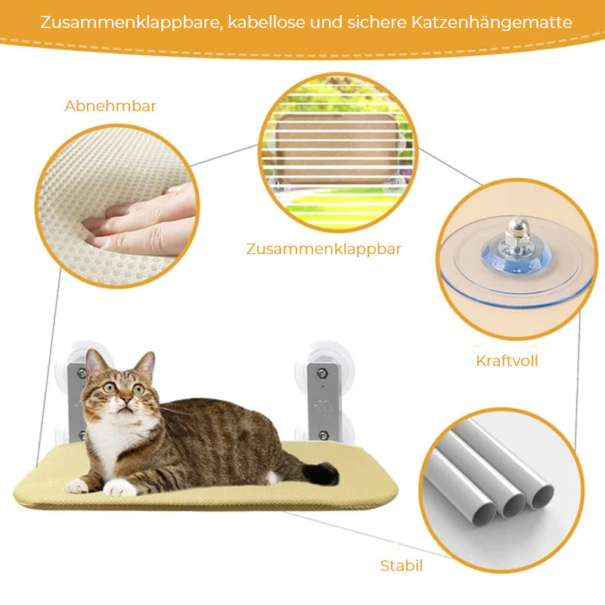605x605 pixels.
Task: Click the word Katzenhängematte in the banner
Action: (492, 23)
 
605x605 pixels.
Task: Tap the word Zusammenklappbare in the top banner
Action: (131, 23)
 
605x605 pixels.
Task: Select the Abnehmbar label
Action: (110, 106)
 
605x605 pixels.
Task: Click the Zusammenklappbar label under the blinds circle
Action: (324, 250)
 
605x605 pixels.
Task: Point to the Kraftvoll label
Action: (507, 361)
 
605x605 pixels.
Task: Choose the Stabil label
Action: (402, 566)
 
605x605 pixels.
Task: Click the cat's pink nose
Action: (126, 399)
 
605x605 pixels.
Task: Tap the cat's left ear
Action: (94, 362)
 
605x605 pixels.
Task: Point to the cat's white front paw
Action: (119, 487)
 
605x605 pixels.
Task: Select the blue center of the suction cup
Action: (517, 256)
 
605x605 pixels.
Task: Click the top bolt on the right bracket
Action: (322, 373)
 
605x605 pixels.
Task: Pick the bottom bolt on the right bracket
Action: (324, 436)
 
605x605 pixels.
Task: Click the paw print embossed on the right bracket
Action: (324, 407)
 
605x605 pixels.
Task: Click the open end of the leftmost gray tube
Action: (485, 516)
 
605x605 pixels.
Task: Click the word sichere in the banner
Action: (377, 23)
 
